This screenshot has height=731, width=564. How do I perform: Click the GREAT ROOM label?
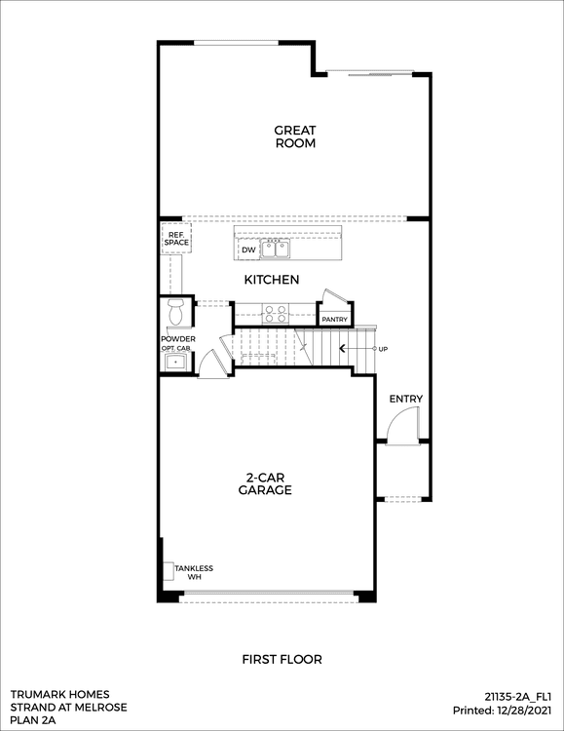click(x=295, y=136)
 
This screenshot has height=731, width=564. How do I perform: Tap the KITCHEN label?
click(x=272, y=280)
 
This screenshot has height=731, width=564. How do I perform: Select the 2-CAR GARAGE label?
click(x=265, y=483)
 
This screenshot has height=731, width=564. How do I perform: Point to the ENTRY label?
click(x=406, y=399)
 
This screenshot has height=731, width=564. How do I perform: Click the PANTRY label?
click(x=335, y=320)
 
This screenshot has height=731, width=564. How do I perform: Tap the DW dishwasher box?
click(x=248, y=250)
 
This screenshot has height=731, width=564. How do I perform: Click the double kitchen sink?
click(x=276, y=249)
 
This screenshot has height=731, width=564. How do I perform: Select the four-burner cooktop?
click(x=276, y=313)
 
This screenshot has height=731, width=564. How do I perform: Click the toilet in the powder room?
click(x=175, y=312)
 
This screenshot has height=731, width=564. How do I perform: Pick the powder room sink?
click(x=175, y=362)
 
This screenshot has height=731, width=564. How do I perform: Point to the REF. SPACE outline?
click(x=176, y=238)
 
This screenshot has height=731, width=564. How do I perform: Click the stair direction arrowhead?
click(x=342, y=349)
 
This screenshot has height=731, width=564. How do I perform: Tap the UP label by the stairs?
click(x=383, y=349)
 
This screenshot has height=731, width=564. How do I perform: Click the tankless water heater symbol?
click(x=169, y=571)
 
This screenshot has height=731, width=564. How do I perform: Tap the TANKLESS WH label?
click(x=194, y=572)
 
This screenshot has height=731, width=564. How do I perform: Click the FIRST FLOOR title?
click(x=282, y=660)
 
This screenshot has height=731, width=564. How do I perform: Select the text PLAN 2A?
click(x=33, y=720)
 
